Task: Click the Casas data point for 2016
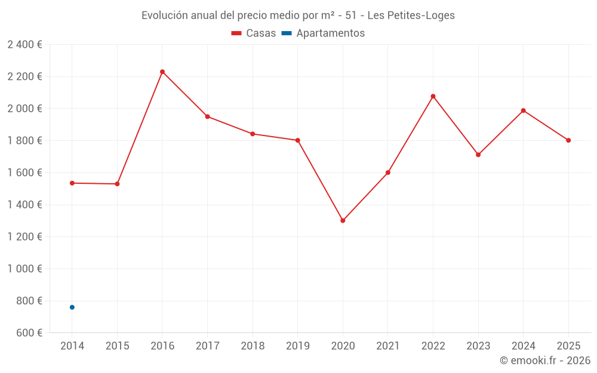click(x=162, y=72)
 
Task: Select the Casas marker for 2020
click(x=343, y=221)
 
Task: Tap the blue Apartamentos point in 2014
click(x=72, y=307)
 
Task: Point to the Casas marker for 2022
click(x=433, y=96)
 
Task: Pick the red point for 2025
click(x=568, y=140)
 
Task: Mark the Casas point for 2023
click(x=478, y=155)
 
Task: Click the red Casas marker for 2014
click(x=72, y=183)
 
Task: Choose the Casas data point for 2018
click(x=253, y=134)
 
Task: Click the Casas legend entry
click(x=254, y=33)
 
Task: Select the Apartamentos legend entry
click(x=323, y=33)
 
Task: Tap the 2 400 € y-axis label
click(x=24, y=44)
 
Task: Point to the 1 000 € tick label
click(x=24, y=269)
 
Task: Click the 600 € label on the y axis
click(x=28, y=332)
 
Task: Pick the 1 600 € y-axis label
click(x=24, y=172)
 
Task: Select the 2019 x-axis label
click(x=298, y=346)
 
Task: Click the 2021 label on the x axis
click(x=388, y=346)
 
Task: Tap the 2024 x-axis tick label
click(x=524, y=346)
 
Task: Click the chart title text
click(x=298, y=16)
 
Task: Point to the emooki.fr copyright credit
click(x=544, y=360)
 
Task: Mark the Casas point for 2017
click(x=207, y=116)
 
